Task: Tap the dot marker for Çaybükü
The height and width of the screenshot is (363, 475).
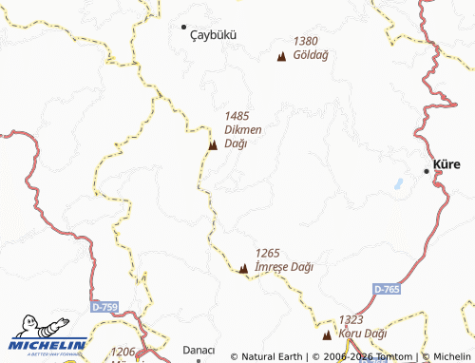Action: coord(184,27)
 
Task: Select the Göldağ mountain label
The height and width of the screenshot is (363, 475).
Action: coord(311,56)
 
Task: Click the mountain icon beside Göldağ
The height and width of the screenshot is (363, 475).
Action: coord(281,57)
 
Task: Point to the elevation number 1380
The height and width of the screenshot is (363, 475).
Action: coord(306,41)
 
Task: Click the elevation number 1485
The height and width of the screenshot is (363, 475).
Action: coord(237,115)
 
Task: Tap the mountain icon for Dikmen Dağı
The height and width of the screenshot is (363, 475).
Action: coord(213,145)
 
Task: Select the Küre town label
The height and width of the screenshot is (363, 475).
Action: coord(446,164)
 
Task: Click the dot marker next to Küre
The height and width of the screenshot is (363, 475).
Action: coord(427,170)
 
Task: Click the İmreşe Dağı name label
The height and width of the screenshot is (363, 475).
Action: coord(284,268)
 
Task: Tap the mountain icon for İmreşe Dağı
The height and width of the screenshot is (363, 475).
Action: coord(243,269)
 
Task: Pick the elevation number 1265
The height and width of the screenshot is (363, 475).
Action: coord(268,253)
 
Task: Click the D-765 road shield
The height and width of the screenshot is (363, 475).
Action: coord(386,288)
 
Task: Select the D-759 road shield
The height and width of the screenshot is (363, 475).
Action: coord(105,307)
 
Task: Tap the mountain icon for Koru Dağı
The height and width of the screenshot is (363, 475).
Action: coord(327,334)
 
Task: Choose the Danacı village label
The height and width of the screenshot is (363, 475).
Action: coord(199,350)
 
